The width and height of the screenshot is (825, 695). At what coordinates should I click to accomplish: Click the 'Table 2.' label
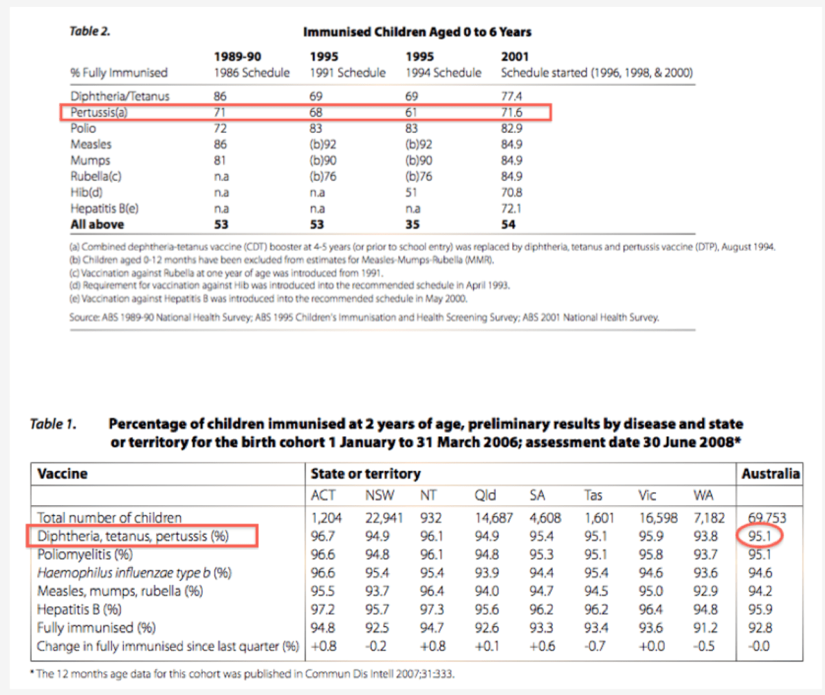pyautogui.click(x=89, y=32)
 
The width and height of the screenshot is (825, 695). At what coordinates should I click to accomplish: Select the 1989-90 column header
pyautogui.click(x=237, y=56)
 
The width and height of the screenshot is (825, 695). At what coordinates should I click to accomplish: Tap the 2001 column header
pyautogui.click(x=515, y=56)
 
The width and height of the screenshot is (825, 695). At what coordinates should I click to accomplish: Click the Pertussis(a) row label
pyautogui.click(x=100, y=112)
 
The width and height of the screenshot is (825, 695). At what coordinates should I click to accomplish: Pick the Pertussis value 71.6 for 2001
pyautogui.click(x=511, y=112)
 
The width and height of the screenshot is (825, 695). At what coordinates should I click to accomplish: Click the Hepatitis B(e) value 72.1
pyautogui.click(x=511, y=208)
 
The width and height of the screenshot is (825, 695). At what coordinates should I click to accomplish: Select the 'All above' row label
pyautogui.click(x=97, y=225)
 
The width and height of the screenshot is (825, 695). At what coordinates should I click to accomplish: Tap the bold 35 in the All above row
pyautogui.click(x=413, y=225)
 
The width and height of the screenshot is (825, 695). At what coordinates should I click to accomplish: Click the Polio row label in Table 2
pyautogui.click(x=83, y=129)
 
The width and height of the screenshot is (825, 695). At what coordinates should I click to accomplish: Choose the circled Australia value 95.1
pyautogui.click(x=760, y=536)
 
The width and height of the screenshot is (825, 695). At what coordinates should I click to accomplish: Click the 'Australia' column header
pyautogui.click(x=770, y=474)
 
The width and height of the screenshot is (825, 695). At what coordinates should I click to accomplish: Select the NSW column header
pyautogui.click(x=379, y=496)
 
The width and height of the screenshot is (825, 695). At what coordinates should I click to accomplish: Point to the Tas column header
pyautogui.click(x=593, y=496)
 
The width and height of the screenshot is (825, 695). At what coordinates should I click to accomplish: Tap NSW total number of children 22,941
pyautogui.click(x=384, y=518)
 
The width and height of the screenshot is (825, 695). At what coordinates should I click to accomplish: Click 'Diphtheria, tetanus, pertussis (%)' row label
pyautogui.click(x=133, y=536)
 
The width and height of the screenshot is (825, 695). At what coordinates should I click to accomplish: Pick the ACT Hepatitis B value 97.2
pyautogui.click(x=322, y=610)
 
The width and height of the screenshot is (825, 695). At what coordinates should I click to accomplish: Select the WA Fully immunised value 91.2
pyautogui.click(x=705, y=628)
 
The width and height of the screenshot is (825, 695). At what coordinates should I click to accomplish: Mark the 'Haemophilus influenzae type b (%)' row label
pyautogui.click(x=134, y=573)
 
